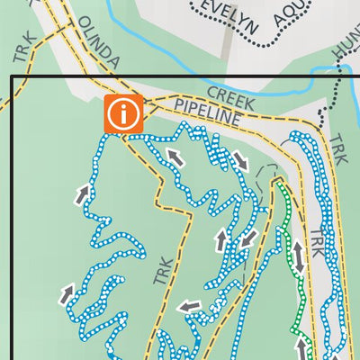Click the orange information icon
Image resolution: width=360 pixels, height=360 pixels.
tap(123, 114)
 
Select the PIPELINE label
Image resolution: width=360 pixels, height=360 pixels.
tap(208, 112)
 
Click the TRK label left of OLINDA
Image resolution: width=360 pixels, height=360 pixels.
tap(23, 48)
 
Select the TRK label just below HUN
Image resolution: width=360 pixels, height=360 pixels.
tap(338, 148)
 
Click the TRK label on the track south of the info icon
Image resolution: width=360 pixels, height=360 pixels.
tap(162, 270)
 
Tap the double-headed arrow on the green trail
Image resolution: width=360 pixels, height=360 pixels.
tap(297, 256)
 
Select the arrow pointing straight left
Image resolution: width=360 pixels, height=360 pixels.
tap(189, 307)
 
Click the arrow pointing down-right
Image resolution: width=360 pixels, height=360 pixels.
tap(240, 161)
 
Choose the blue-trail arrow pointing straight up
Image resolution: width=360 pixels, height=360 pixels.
tap(221, 240)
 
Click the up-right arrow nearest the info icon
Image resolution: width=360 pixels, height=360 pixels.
tap(82, 193)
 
